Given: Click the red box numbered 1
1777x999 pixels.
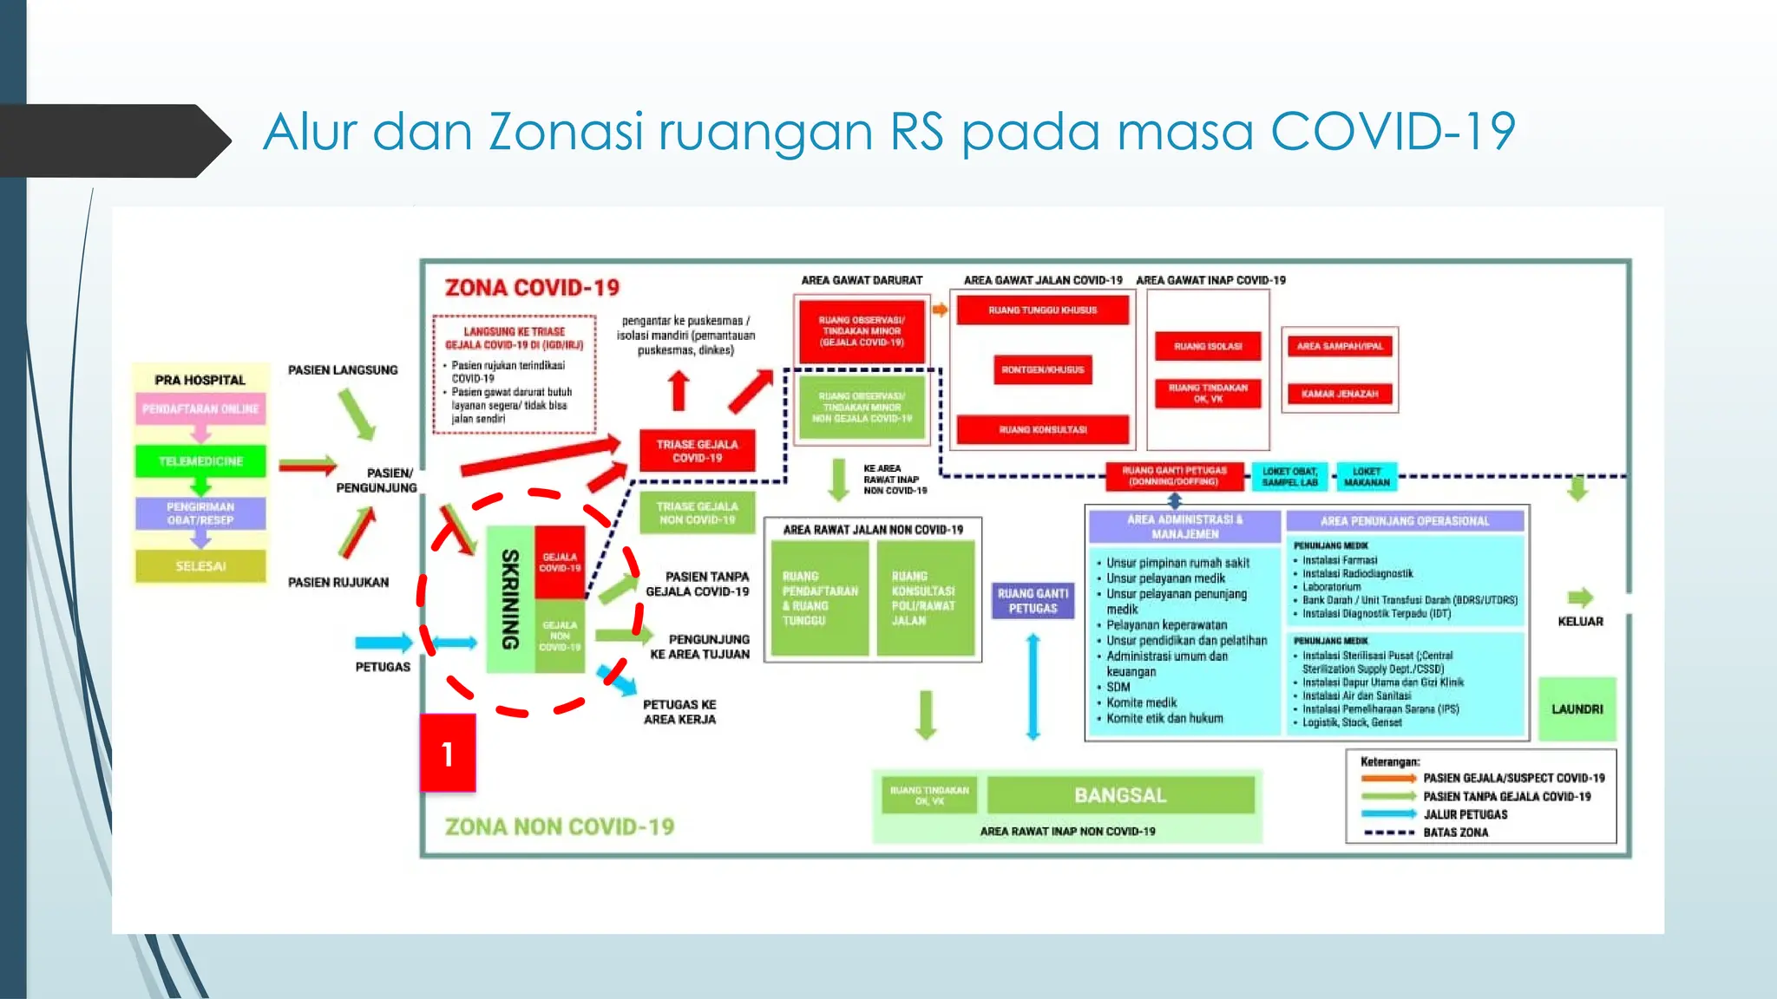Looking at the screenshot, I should point(448,753).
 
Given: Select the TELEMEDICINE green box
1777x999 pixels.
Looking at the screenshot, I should point(200,461).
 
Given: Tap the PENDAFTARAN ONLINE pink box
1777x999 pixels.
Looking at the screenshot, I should point(200,409).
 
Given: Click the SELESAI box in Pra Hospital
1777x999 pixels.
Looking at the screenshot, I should point(200,566).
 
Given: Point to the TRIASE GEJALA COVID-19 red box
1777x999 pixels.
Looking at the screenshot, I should point(697,451).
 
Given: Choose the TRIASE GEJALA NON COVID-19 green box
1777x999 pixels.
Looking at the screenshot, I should point(697,513).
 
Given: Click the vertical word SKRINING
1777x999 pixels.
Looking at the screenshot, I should point(510,599).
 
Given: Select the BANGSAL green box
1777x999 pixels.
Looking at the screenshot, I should point(1120,795).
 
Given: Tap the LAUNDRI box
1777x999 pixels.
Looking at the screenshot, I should point(1577,708).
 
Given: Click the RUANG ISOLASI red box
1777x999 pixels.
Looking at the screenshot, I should point(1208,346).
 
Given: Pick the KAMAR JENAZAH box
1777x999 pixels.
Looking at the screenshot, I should point(1339,394).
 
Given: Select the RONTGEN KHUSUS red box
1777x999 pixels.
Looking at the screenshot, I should point(1042,369).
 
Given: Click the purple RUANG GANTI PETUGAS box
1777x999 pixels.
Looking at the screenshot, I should point(1033,601).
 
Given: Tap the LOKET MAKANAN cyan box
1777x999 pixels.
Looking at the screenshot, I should point(1366,477).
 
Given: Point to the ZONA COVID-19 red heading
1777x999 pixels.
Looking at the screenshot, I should point(532,288).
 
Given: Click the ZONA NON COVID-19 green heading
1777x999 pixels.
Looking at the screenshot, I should point(560,826).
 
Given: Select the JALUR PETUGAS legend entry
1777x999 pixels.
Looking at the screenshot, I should point(1465,814).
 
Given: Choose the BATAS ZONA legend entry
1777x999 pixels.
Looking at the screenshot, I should point(1455,832).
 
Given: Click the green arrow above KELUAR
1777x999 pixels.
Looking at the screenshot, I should point(1580,597).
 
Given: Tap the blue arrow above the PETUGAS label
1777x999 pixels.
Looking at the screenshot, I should point(384,643).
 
